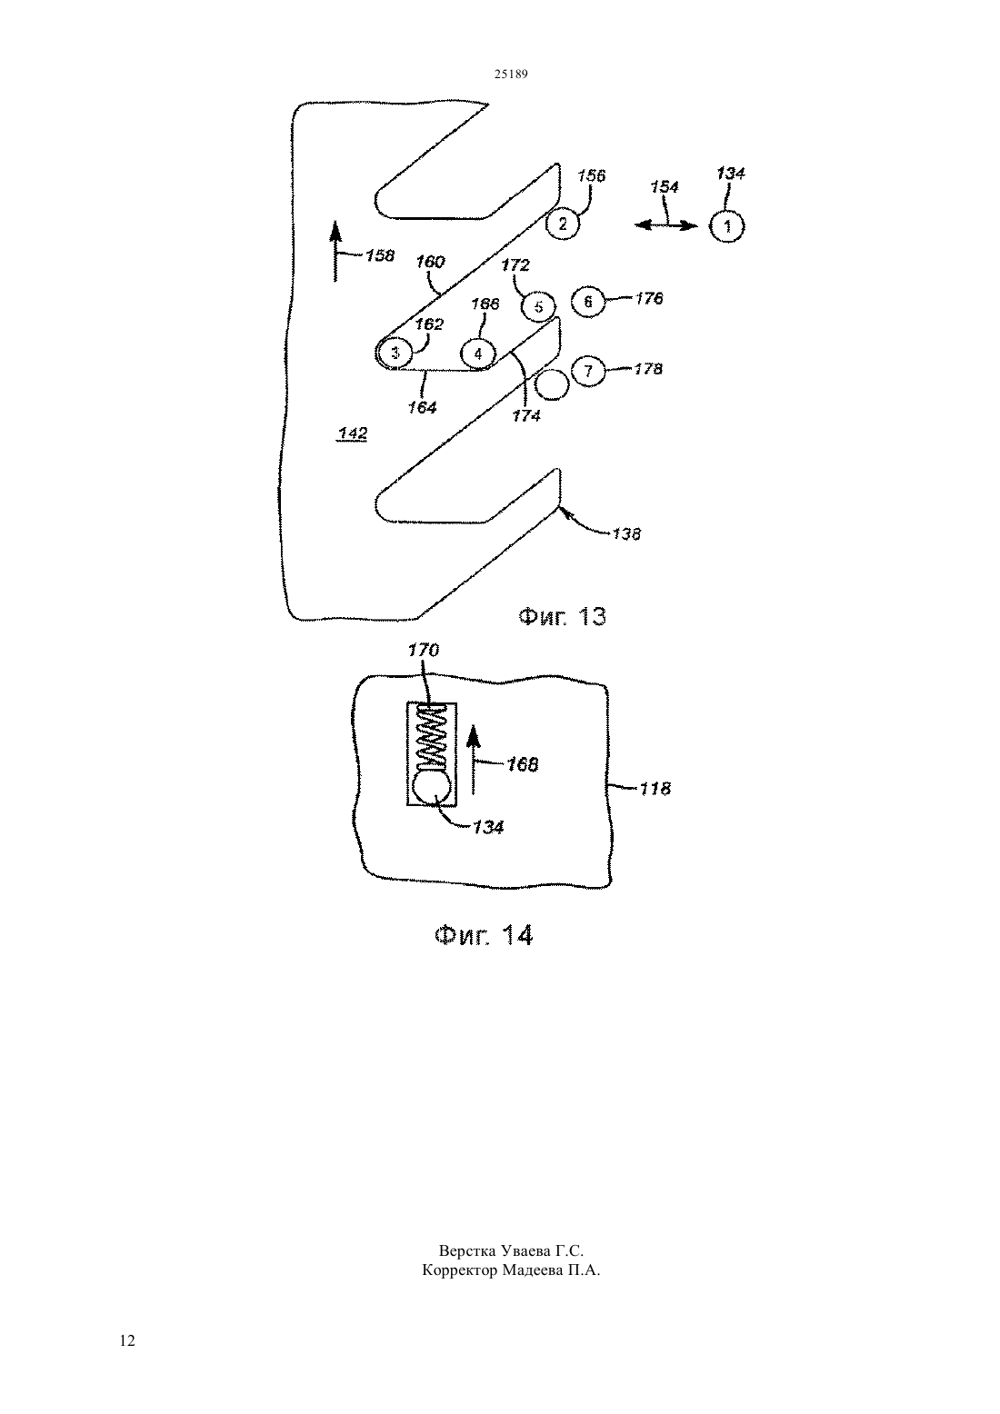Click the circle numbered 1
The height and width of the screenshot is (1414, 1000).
coord(727,226)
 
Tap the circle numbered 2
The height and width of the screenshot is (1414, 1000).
coord(563,223)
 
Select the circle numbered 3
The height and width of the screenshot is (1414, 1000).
coord(395,353)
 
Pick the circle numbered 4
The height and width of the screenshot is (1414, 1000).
coord(478,354)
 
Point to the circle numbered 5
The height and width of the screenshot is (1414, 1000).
coord(538,307)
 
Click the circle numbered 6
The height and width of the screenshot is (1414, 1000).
coord(588,302)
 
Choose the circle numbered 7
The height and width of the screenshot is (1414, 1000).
coord(588,371)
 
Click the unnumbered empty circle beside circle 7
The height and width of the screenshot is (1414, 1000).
coord(552,383)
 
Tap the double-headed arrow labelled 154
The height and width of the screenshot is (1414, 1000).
coord(666,225)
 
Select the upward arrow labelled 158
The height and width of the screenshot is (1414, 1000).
coord(335,250)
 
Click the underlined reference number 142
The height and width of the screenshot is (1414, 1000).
coord(353,433)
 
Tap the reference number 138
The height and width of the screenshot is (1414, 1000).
coord(626,534)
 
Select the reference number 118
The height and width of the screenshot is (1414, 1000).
coord(655,789)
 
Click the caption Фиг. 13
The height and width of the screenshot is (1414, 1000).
coord(562,616)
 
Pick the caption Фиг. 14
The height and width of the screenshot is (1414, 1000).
coord(485,934)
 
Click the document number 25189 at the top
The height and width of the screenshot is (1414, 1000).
coord(511,75)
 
